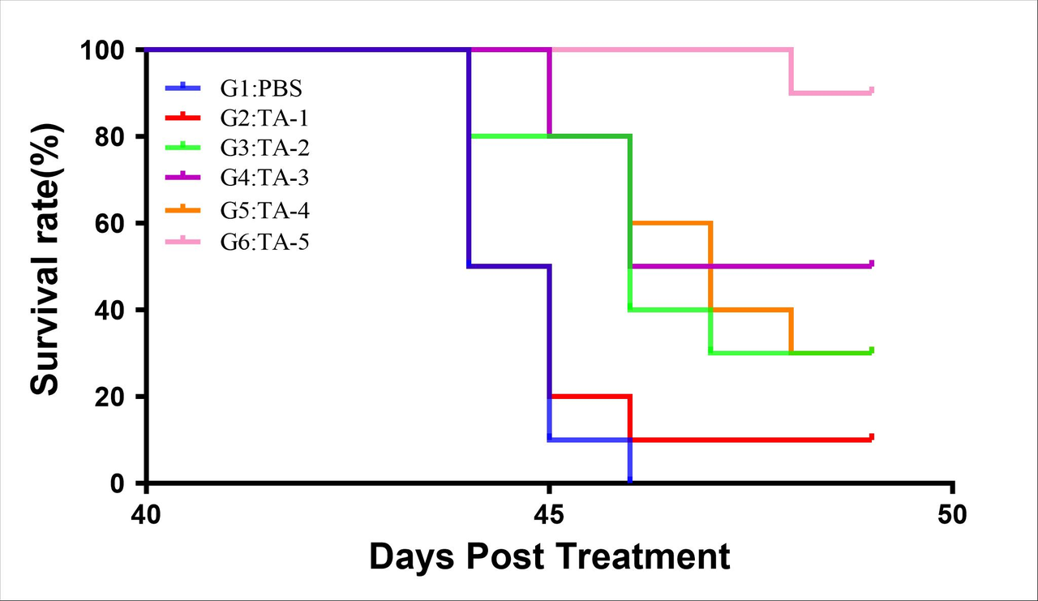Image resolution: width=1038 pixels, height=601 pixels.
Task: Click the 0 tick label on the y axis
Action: (x=118, y=483)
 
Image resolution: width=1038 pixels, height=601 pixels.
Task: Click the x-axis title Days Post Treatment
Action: (x=550, y=558)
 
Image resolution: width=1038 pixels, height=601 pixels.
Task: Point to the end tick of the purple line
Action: (x=872, y=263)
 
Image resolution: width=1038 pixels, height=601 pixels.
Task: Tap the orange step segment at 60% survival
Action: (x=671, y=222)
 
